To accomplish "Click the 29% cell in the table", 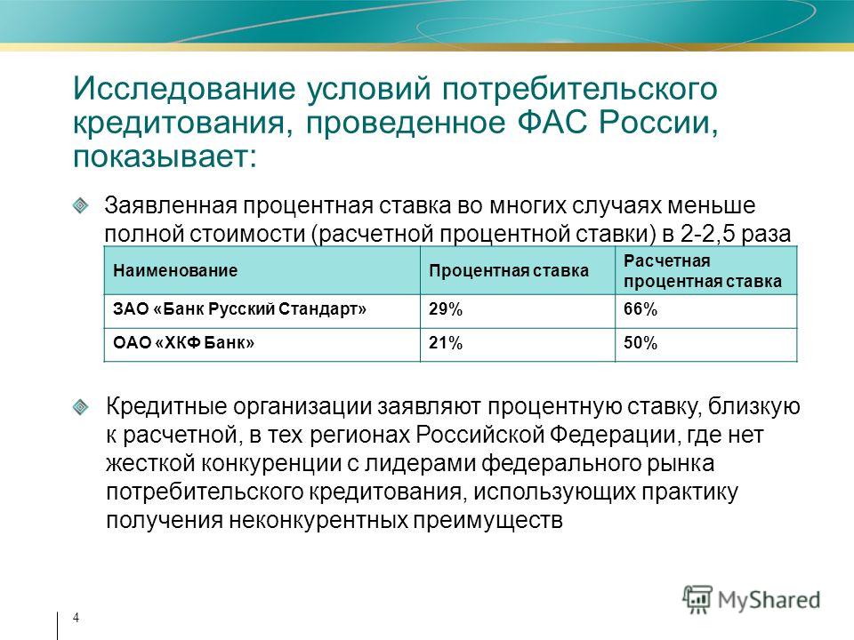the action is [x=446, y=309].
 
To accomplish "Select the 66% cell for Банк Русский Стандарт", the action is [x=640, y=309].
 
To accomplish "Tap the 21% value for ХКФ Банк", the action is [x=446, y=343].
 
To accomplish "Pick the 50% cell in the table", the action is [x=640, y=343].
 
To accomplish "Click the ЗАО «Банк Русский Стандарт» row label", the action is [x=239, y=309].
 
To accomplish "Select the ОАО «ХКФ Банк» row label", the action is [x=183, y=343].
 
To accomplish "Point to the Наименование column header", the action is [x=175, y=270].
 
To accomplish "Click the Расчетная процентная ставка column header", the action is [x=703, y=271].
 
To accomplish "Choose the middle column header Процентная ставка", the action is [x=509, y=270].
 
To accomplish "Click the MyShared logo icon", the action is [x=697, y=600].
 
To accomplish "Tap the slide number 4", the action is [x=76, y=618].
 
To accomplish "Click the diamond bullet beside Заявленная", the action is [x=80, y=205].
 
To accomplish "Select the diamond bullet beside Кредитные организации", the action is [x=80, y=407].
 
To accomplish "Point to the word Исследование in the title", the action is [x=185, y=89].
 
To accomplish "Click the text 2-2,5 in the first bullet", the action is [x=707, y=234].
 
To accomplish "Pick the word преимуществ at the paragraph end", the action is [x=487, y=520].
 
